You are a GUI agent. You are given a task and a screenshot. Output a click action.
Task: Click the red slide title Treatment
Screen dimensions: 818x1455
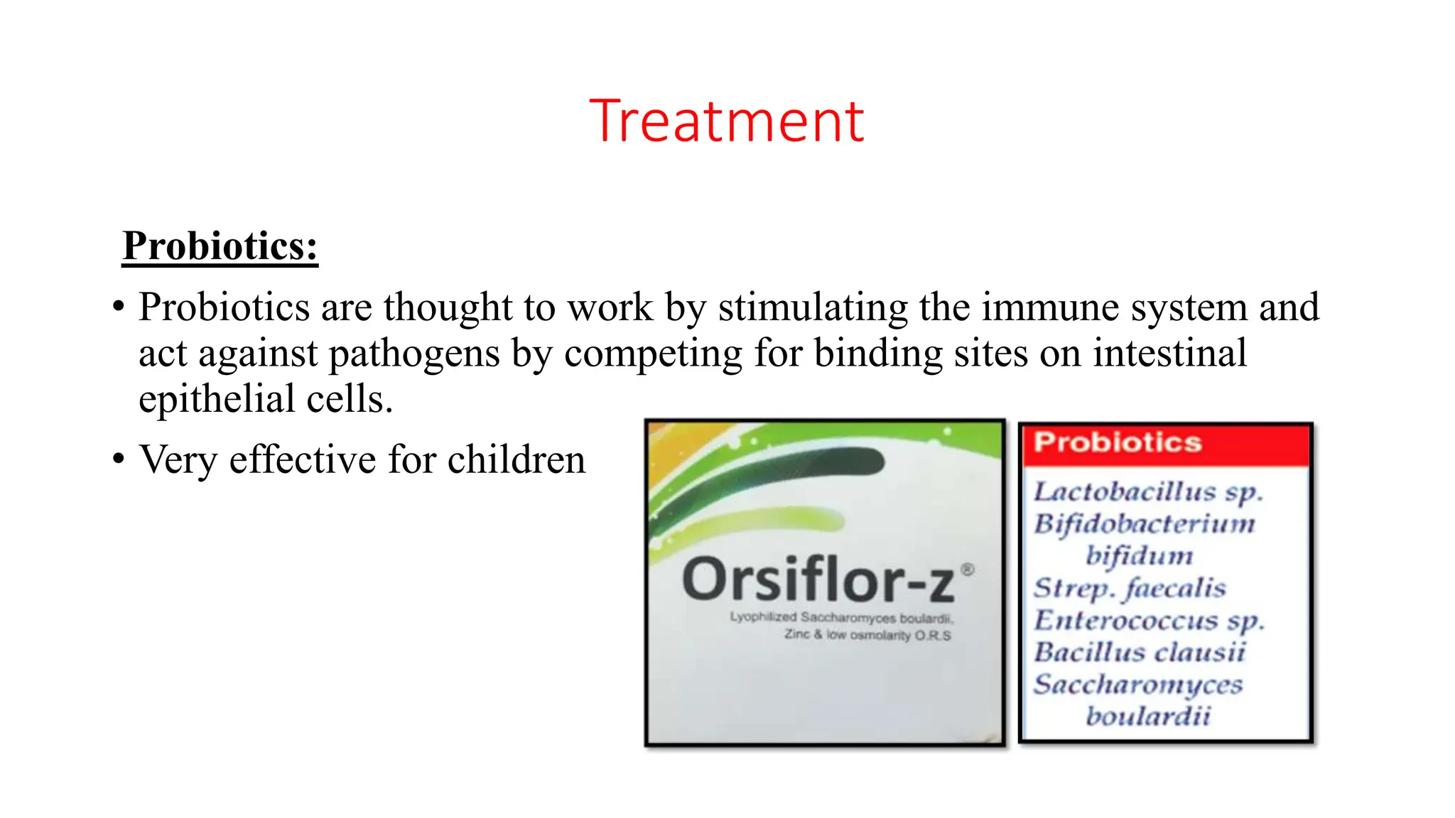(727, 121)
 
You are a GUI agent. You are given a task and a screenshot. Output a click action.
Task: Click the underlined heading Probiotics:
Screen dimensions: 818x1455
(220, 246)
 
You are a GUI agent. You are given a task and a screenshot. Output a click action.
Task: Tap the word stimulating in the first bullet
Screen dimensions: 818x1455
(813, 307)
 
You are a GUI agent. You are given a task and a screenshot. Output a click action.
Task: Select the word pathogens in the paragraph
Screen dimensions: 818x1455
(414, 353)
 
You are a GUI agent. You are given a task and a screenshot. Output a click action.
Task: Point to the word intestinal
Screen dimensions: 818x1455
(1169, 353)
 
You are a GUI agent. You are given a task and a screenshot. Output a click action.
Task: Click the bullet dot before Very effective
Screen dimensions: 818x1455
(119, 459)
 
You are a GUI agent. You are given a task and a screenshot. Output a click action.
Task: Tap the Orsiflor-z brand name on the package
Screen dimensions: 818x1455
(818, 581)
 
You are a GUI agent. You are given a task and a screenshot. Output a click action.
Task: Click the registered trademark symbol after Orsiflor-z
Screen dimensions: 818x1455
(967, 569)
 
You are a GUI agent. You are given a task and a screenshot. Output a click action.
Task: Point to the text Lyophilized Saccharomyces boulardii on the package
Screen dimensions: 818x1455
(840, 617)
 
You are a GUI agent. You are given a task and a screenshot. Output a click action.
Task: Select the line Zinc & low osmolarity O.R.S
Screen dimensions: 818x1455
(867, 635)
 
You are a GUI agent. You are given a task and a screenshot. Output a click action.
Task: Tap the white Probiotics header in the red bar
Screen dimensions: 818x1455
(1117, 442)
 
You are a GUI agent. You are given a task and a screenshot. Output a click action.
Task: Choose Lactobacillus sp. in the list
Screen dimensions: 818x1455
(1147, 491)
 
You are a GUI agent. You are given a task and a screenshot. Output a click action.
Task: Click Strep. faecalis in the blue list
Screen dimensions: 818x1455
(1130, 588)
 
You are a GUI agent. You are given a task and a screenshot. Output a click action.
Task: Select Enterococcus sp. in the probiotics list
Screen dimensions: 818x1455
(1149, 621)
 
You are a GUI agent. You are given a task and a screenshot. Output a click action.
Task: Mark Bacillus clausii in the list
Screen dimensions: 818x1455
(1140, 652)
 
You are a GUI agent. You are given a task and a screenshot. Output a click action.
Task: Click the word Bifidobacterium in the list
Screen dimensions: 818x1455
(1145, 524)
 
